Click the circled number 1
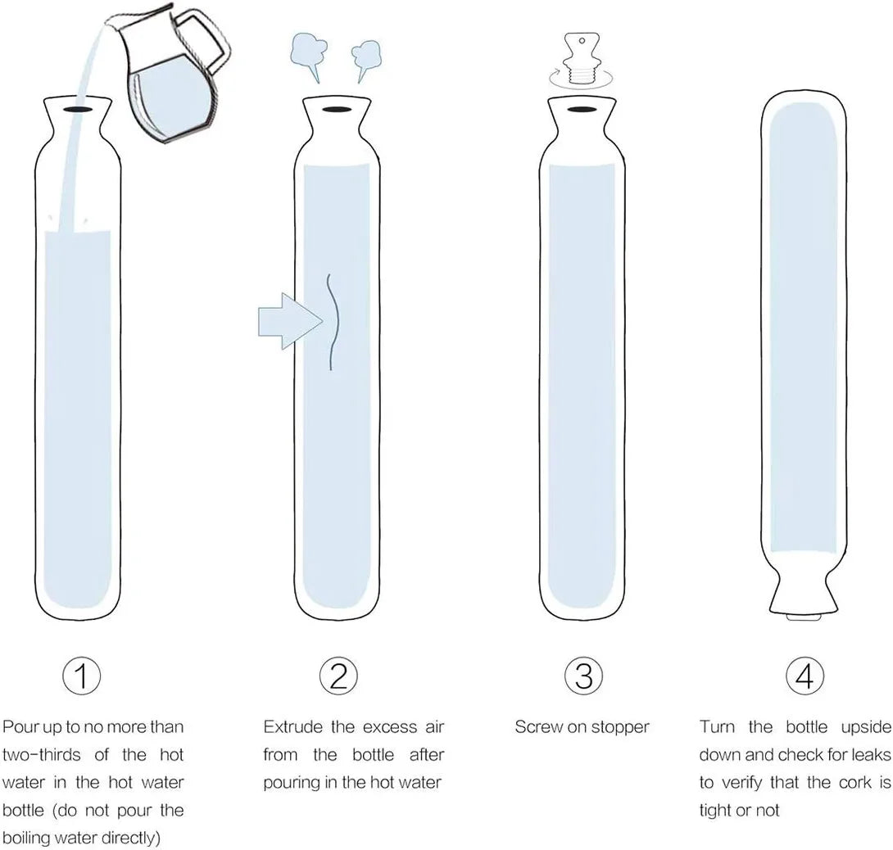pos(81,676)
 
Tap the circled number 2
pos(338,676)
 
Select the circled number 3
pos(584,676)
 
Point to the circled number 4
pos(805,676)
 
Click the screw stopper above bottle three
pos(582,60)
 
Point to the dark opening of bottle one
pos(78,108)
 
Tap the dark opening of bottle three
pos(581,109)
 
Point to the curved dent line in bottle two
pos(333,323)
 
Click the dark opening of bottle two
pos(335,108)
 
